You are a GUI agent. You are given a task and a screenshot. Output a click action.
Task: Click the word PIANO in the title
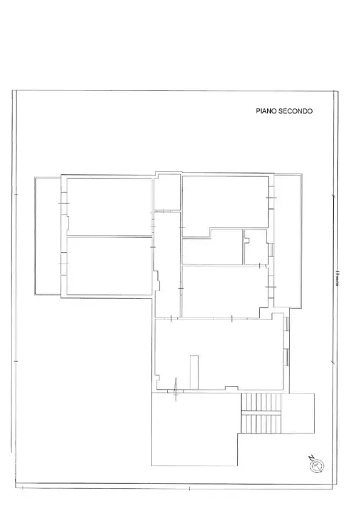[x=266, y=111]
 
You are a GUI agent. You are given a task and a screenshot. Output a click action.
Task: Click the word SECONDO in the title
[x=295, y=111]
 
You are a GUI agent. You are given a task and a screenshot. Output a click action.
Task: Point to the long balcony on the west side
[x=47, y=236]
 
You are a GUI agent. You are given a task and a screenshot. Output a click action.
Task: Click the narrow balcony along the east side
[x=287, y=241]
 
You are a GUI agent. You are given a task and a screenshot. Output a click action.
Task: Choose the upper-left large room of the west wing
[x=110, y=206]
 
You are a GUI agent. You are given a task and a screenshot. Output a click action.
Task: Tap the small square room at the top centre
[x=168, y=191]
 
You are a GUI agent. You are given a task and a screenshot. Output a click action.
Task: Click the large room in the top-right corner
[x=225, y=202]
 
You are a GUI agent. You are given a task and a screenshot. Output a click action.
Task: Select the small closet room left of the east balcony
[x=254, y=246]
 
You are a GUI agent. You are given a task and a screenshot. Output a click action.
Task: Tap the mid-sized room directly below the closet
[x=223, y=290]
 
